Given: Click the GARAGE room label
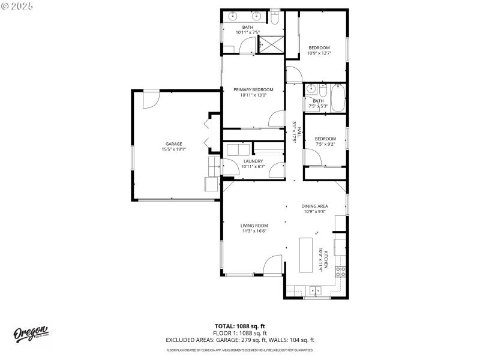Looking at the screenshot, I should (174, 144).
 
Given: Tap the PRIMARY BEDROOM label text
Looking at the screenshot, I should (253, 89).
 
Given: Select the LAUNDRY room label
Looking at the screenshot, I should (253, 161).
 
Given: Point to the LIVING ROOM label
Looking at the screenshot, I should (254, 226).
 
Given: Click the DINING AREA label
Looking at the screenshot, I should (315, 206).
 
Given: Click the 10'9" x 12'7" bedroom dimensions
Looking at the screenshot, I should (319, 53).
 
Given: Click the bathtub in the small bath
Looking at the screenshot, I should (338, 98).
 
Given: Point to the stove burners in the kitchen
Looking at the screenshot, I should (340, 272).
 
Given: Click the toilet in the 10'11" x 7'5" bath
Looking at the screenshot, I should (274, 18).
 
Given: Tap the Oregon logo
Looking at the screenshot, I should (31, 333).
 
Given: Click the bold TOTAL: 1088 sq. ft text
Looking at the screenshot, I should (240, 327).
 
